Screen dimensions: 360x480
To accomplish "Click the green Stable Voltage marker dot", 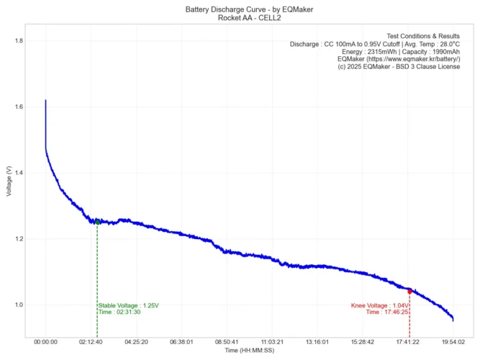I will [x=97, y=222].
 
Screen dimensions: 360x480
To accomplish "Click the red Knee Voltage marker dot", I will [x=409, y=292].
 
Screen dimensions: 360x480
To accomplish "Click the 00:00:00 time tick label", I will [x=45, y=342].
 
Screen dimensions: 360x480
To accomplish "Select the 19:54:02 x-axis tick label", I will [x=453, y=342].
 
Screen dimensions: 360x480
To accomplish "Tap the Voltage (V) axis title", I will [x=8, y=181].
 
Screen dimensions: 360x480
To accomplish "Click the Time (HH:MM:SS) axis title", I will [x=249, y=351].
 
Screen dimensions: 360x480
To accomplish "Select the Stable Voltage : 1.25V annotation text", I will [x=129, y=305].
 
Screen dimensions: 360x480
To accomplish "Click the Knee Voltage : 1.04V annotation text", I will [x=380, y=305].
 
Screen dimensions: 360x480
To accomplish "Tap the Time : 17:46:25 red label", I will [x=387, y=312].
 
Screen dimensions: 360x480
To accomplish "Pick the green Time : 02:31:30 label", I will [x=119, y=312].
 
